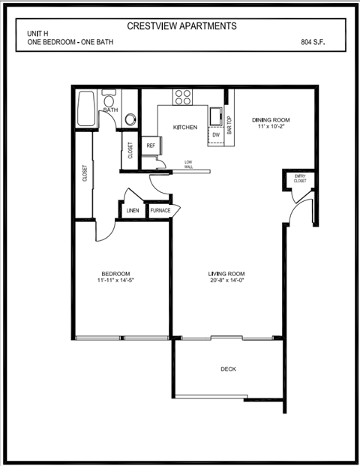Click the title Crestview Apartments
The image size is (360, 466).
181,26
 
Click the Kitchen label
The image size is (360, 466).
185,128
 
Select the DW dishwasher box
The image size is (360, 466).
215,134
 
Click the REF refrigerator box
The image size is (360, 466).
151,146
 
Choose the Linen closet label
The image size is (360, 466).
132,211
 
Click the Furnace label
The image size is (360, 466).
160,211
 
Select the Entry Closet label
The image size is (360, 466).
300,179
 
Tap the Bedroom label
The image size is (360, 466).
116,272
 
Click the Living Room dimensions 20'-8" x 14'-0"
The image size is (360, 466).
228,281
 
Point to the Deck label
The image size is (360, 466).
229,368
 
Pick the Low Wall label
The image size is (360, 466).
188,164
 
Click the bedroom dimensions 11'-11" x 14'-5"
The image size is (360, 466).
115,281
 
